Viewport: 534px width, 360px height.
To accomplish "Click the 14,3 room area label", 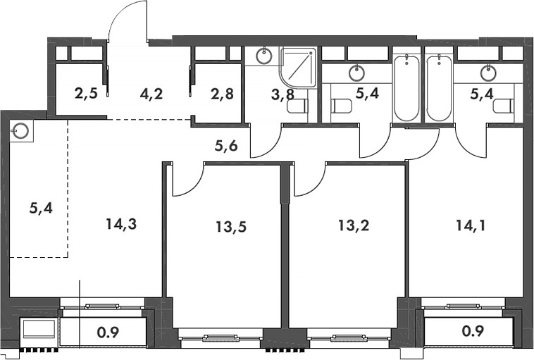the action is pos(121,224).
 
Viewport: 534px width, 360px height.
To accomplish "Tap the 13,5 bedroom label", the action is pos(231,226).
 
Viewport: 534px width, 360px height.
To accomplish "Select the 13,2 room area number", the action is pos(354,225).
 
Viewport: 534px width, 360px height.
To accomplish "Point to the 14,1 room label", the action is pos(471,225).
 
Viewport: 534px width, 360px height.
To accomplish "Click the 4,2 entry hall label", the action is pos(151,94).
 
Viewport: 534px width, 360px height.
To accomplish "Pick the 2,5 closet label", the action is pos(86,93).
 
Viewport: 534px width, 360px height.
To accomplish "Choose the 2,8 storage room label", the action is pos(223,94).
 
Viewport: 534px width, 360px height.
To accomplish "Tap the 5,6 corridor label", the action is pos(226,146).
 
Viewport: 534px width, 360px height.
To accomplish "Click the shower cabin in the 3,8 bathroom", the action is pos(298,68).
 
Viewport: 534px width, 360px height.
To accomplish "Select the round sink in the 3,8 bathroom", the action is pos(264,56).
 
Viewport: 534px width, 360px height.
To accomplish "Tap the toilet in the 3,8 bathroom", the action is pos(298,106).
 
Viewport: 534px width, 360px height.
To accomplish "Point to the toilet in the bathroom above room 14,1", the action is pos(504,106).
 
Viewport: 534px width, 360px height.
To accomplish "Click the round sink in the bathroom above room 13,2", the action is pos(356,73).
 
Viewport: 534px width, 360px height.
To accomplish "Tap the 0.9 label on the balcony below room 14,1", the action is pos(473,330).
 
